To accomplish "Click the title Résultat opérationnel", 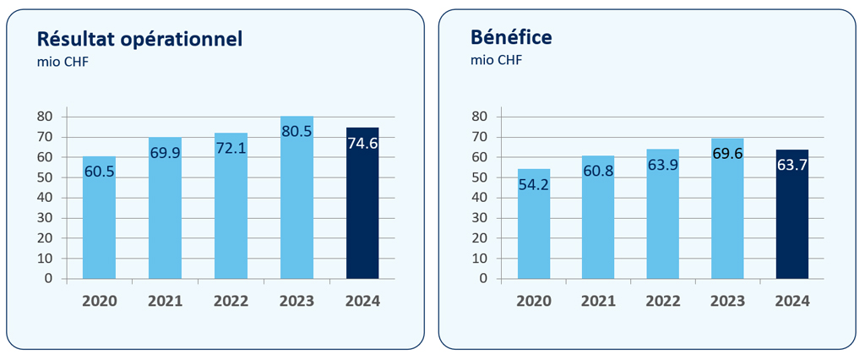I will coord(139,38).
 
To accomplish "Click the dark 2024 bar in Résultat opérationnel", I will coord(362,211).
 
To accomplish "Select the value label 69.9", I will coord(165,154).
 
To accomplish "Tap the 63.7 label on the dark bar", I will coord(792,166).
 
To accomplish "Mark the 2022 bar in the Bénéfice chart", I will coord(663,220).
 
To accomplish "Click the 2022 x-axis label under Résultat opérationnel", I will coord(231,301).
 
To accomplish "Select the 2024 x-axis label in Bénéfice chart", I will coord(792,301).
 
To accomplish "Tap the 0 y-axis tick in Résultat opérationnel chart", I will coord(49,278).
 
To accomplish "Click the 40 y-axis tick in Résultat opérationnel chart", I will coord(46,197).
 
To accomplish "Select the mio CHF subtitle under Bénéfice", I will coord(496,61).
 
